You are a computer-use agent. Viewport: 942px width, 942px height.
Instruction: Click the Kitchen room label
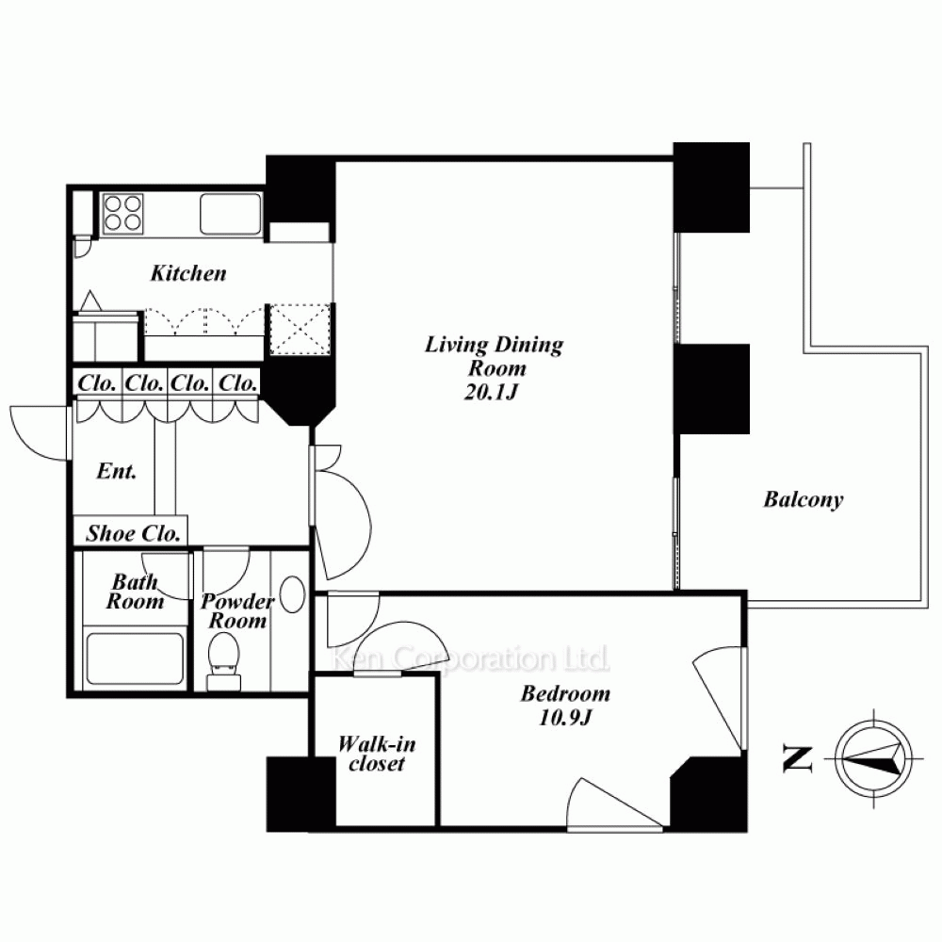point(188,273)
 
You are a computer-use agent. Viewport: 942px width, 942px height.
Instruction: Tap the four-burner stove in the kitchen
point(123,213)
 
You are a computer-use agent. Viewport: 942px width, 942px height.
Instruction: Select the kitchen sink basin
point(231,213)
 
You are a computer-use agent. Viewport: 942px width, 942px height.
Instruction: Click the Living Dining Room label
point(495,356)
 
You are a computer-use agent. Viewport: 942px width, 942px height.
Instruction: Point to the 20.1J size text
point(491,392)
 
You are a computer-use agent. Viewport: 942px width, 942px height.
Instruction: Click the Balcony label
point(804,499)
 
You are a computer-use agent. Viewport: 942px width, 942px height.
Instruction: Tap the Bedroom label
point(565,694)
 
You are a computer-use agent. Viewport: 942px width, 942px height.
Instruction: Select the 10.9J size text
point(565,717)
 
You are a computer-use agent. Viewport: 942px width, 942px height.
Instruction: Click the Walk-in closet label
point(377,754)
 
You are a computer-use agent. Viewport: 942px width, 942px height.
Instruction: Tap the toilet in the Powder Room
point(223,661)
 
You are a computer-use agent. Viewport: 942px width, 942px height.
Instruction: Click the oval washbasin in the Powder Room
point(293,594)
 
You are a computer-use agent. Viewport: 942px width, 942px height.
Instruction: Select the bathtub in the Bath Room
point(135,658)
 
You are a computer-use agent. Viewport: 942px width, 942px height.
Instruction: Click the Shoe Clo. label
point(133,533)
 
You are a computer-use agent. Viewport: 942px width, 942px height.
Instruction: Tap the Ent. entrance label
point(117,470)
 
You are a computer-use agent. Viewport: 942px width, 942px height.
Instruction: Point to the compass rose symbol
point(873,758)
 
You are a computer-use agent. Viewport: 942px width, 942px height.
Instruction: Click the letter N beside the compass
point(797,758)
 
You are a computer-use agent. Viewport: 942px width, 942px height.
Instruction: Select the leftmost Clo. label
point(96,382)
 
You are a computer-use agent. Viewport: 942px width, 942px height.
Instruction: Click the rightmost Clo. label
point(238,382)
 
